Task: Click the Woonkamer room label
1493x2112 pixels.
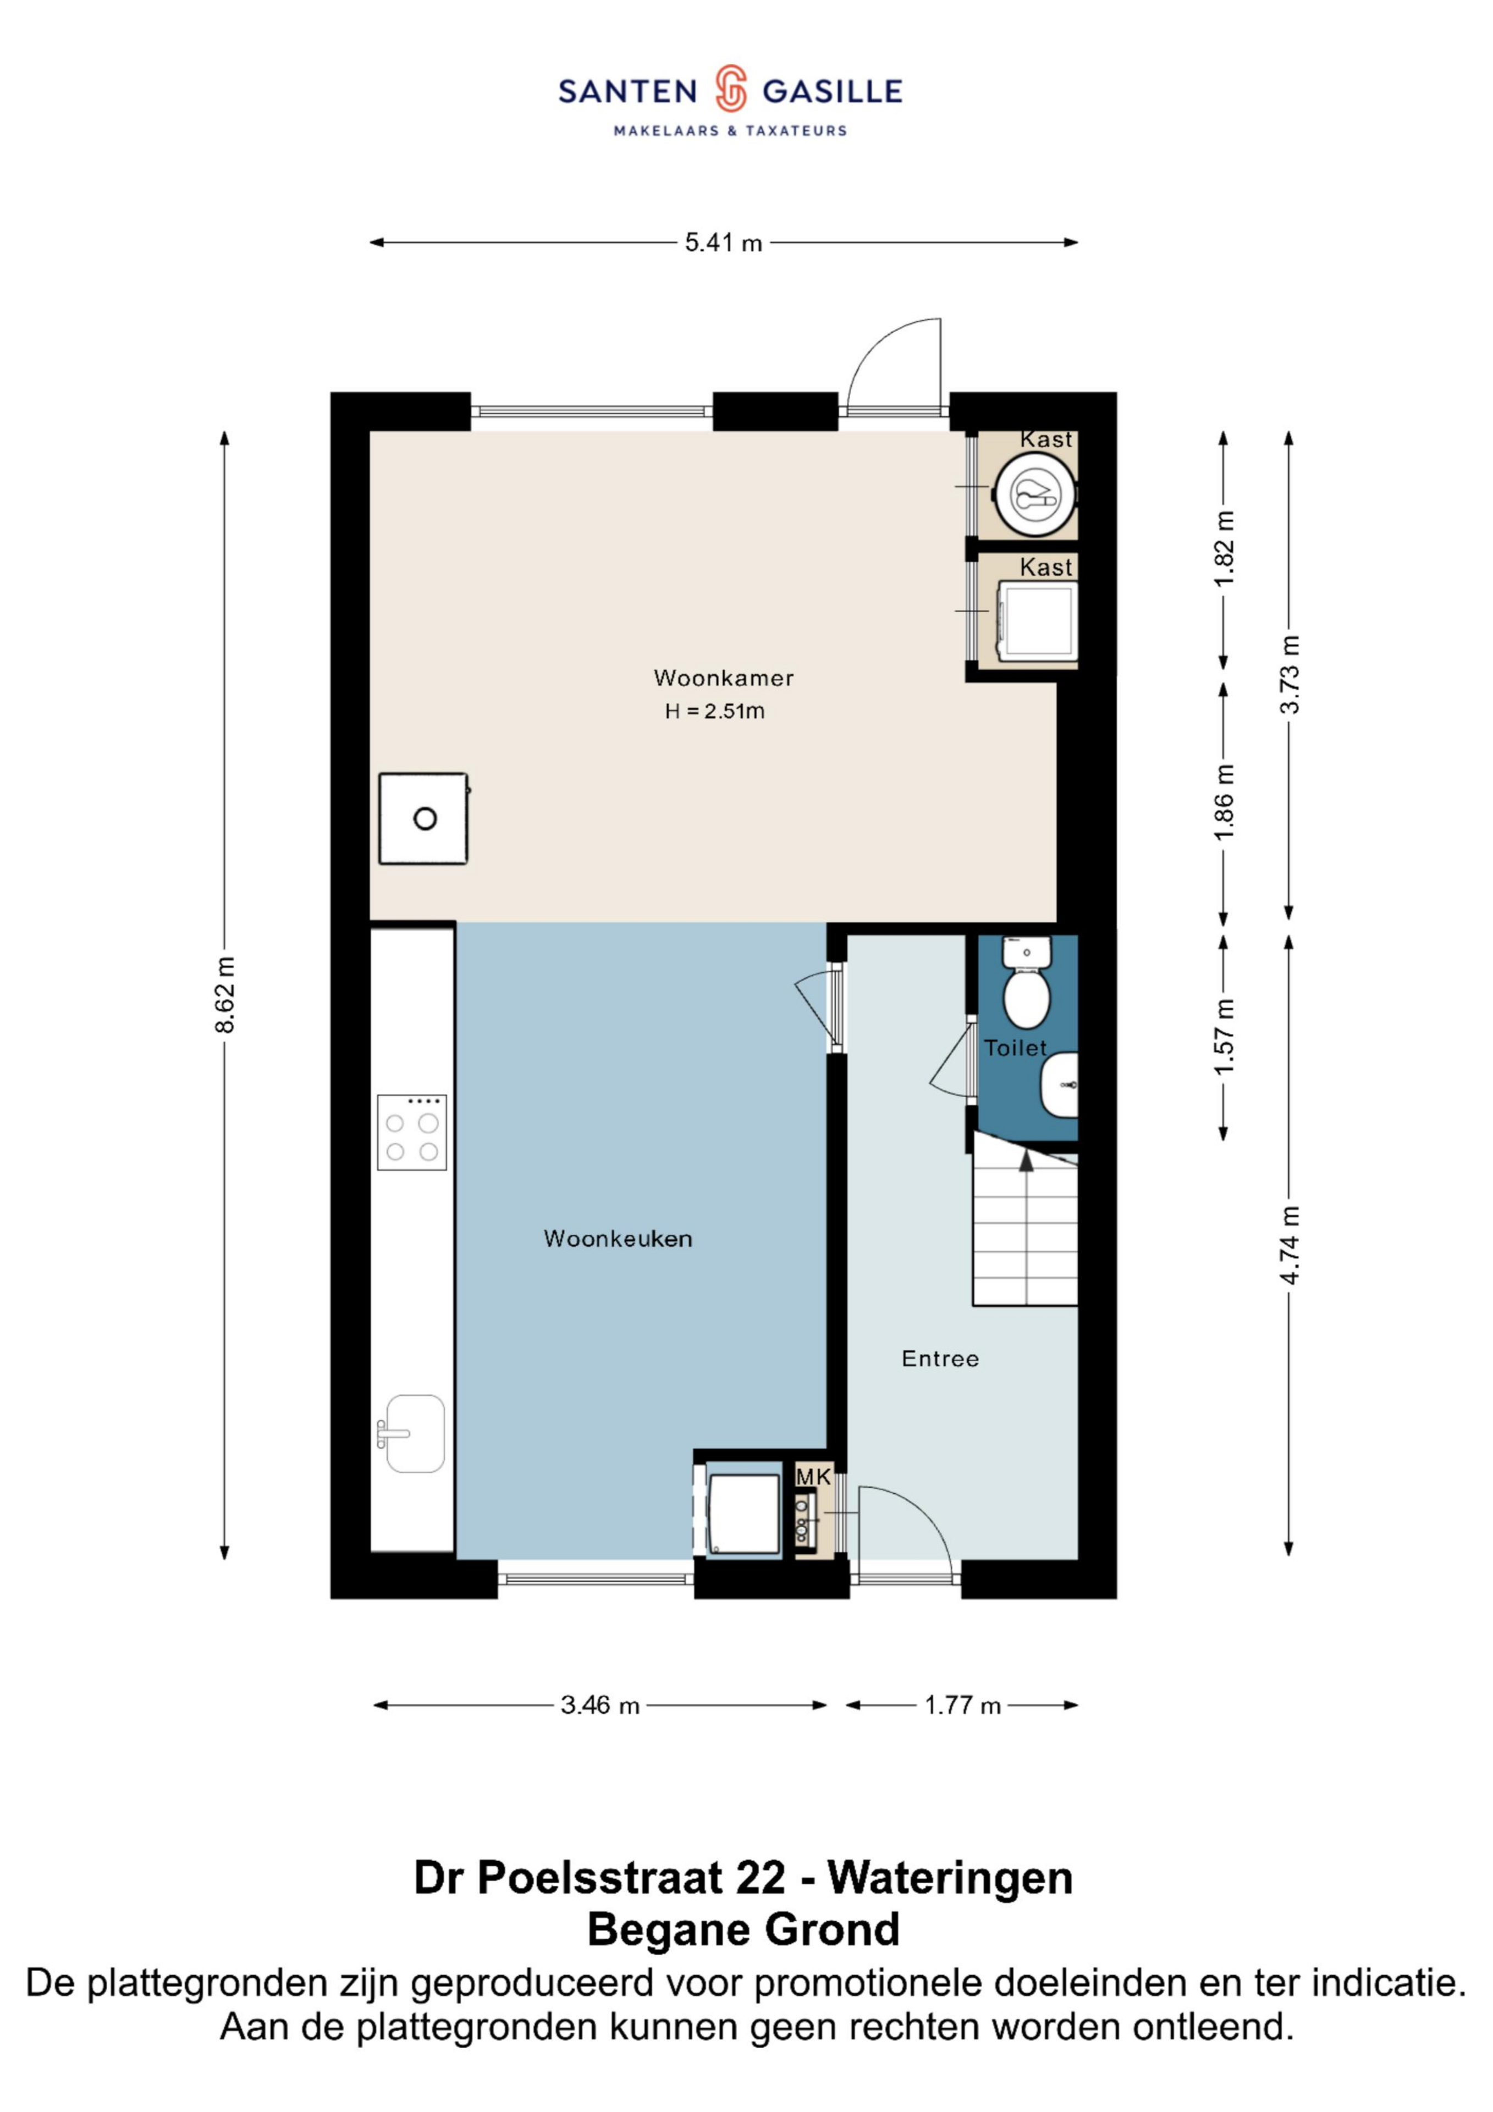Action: tap(723, 678)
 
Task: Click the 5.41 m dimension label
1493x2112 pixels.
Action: tap(723, 243)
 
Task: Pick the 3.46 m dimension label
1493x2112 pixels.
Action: tap(600, 1706)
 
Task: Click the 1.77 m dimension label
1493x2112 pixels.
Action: tap(962, 1706)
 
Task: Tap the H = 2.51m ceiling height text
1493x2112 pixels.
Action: tap(715, 711)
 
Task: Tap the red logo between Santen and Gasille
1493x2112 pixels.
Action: tap(730, 89)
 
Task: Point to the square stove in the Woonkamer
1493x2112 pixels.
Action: tap(423, 819)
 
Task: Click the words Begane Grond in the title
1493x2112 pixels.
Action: tap(743, 1930)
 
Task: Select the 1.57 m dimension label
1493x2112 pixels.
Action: tap(1224, 1037)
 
